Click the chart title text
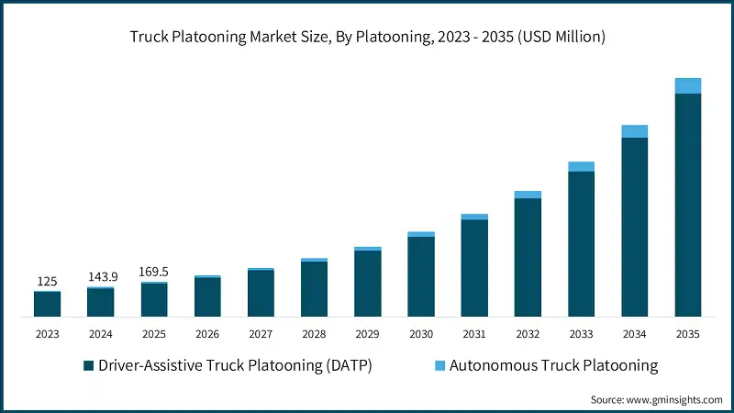point(367,38)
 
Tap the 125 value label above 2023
point(47,281)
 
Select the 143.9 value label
point(100,277)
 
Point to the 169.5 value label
point(154,273)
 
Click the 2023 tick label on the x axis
point(47,334)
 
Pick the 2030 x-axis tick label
point(420,334)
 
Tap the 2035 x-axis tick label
point(687,334)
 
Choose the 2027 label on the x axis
point(261,334)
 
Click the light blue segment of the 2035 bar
point(688,85)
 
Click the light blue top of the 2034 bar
point(634,131)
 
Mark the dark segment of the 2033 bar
point(581,244)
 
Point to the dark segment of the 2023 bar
point(47,305)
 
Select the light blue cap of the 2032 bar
point(528,195)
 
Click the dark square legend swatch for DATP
point(88,366)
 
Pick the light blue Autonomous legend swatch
point(439,366)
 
